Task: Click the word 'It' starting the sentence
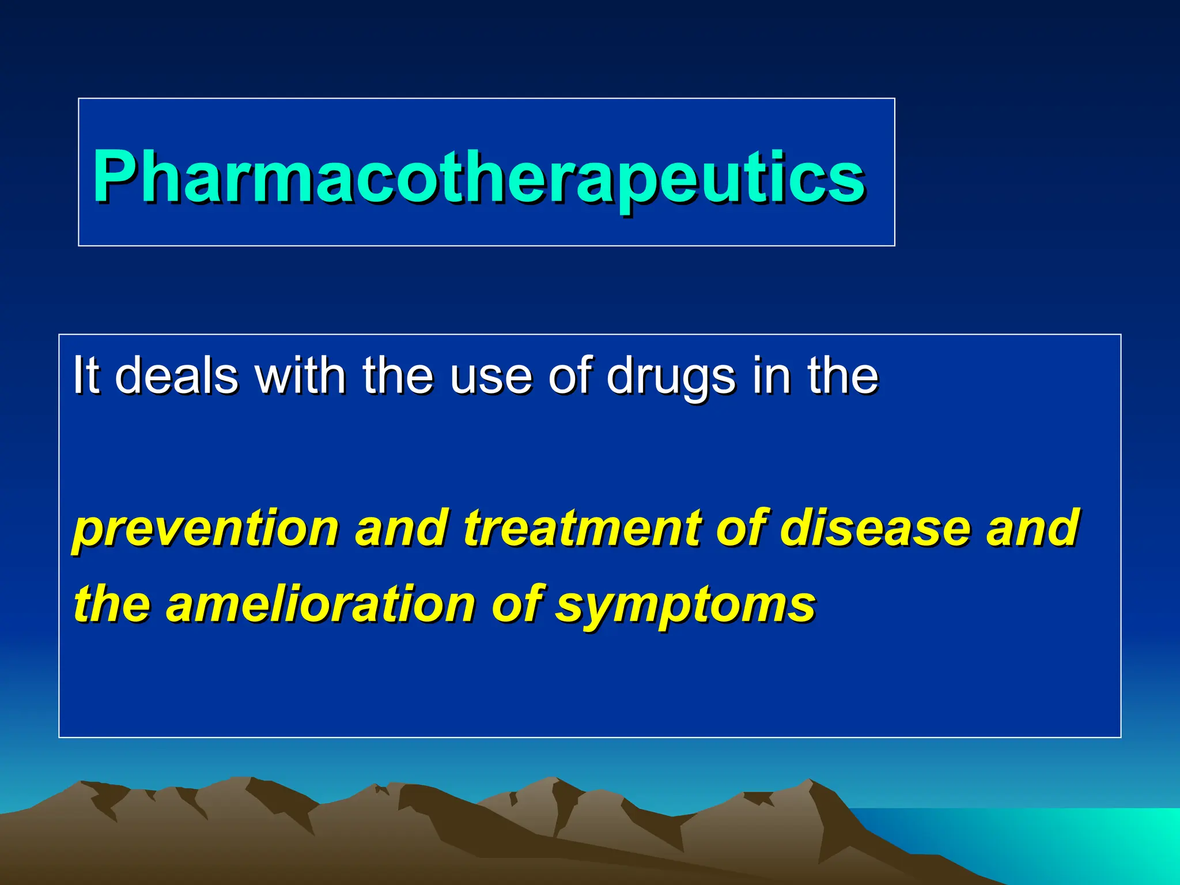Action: click(x=86, y=376)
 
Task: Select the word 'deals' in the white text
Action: click(x=176, y=376)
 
